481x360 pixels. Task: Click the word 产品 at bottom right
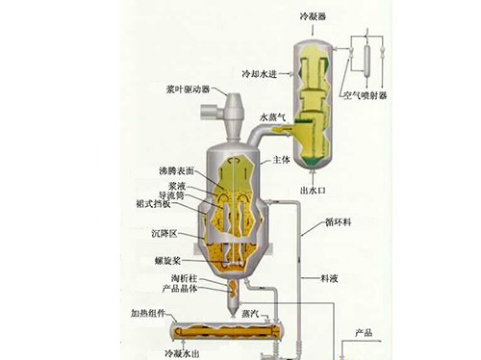pos(364,332)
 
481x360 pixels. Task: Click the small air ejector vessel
pos(367,61)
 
